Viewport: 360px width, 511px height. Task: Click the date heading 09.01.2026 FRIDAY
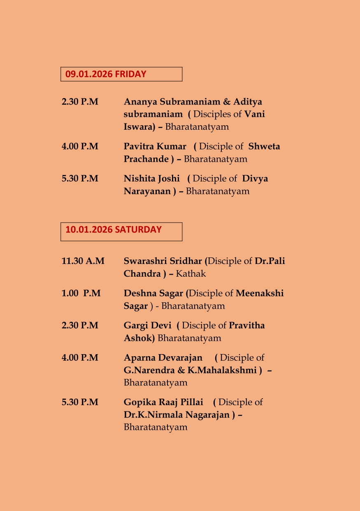106,74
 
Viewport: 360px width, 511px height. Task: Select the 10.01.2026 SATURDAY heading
114,230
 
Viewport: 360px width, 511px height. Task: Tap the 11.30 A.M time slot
83,261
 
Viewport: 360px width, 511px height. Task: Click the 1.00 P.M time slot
81,293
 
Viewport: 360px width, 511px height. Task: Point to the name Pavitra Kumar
155,147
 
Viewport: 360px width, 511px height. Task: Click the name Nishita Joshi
152,179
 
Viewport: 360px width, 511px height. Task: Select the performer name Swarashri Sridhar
163,261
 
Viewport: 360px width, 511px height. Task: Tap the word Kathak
190,273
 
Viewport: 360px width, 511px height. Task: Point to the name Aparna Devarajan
163,357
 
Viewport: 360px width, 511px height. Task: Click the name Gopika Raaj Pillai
164,402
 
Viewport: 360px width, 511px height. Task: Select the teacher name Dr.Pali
270,261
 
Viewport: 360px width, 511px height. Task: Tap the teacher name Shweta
264,147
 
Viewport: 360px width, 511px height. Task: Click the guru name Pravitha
247,325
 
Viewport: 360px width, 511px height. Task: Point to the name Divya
255,179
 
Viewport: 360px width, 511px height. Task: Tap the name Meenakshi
260,293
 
